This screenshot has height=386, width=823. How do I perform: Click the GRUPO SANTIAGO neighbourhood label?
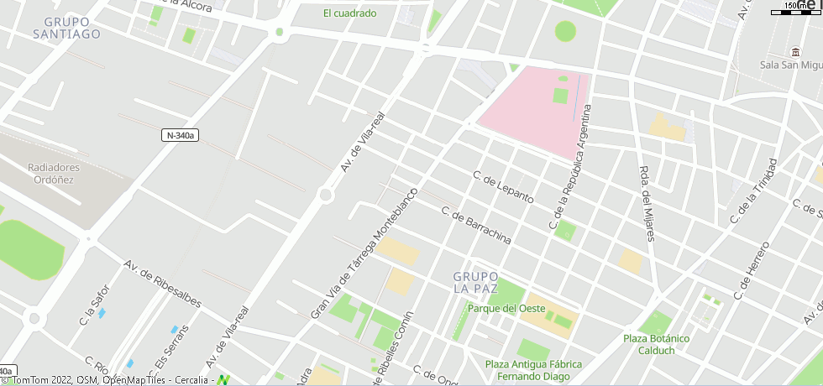click(66, 28)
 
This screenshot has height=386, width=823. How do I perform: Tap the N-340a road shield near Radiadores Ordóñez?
click(180, 135)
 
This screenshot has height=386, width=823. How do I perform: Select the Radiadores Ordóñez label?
click(54, 173)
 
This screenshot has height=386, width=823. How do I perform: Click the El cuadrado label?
click(349, 13)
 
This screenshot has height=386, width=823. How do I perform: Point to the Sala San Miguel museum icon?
click(794, 50)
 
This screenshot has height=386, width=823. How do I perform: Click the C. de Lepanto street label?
click(503, 188)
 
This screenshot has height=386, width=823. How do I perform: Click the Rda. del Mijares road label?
click(647, 201)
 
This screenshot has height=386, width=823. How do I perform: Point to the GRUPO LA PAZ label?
click(476, 282)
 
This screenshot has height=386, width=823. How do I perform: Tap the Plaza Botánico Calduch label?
click(656, 344)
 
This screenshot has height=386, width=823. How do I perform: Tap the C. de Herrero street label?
click(751, 271)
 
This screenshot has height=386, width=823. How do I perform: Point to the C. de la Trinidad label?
click(753, 191)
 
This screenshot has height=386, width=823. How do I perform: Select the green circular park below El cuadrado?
click(565, 31)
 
